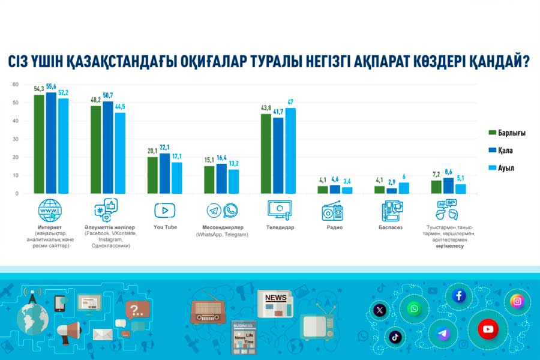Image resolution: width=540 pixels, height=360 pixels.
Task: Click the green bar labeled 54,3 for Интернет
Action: pos(39,144)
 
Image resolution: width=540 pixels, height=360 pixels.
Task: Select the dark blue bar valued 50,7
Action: pos(107,147)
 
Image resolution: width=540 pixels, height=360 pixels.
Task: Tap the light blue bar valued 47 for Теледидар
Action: pos(290,150)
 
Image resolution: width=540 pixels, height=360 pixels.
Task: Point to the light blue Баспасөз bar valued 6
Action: pos(405,188)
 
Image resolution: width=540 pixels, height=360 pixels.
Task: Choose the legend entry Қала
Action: pos(505,150)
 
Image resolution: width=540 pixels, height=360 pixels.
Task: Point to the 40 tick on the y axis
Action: pos(16,121)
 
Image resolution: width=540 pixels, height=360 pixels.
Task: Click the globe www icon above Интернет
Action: pos(50,211)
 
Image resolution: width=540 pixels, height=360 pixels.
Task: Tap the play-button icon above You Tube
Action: pos(164,210)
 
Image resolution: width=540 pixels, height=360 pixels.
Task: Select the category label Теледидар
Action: pos(278,228)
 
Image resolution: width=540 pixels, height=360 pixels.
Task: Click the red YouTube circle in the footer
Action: pos(487,329)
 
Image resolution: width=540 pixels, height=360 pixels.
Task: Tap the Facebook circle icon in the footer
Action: pos(460,295)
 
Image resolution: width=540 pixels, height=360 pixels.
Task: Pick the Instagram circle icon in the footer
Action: pos(517,301)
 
